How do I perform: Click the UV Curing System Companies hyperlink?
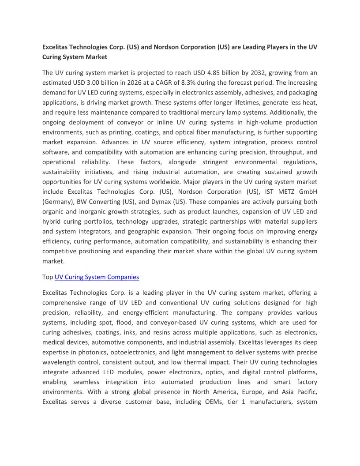(x=97, y=277)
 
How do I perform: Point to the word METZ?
(x=281, y=192)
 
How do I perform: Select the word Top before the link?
(x=48, y=277)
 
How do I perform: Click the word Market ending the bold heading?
(x=97, y=57)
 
